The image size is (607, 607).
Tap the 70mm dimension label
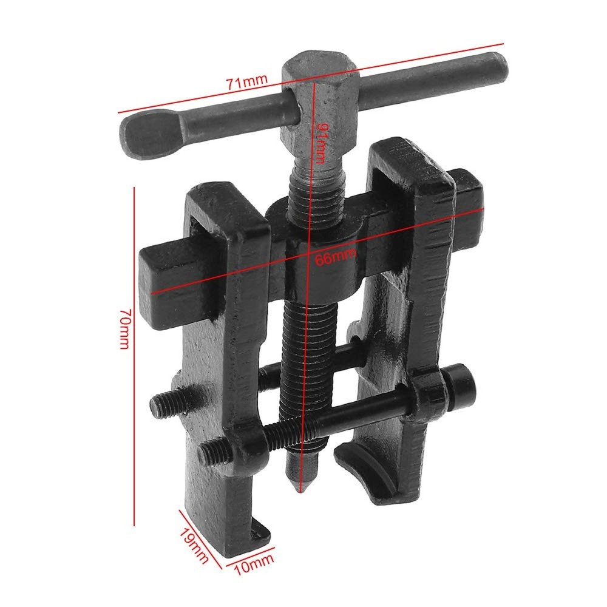tap(124, 328)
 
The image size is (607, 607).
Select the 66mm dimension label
tap(335, 257)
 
